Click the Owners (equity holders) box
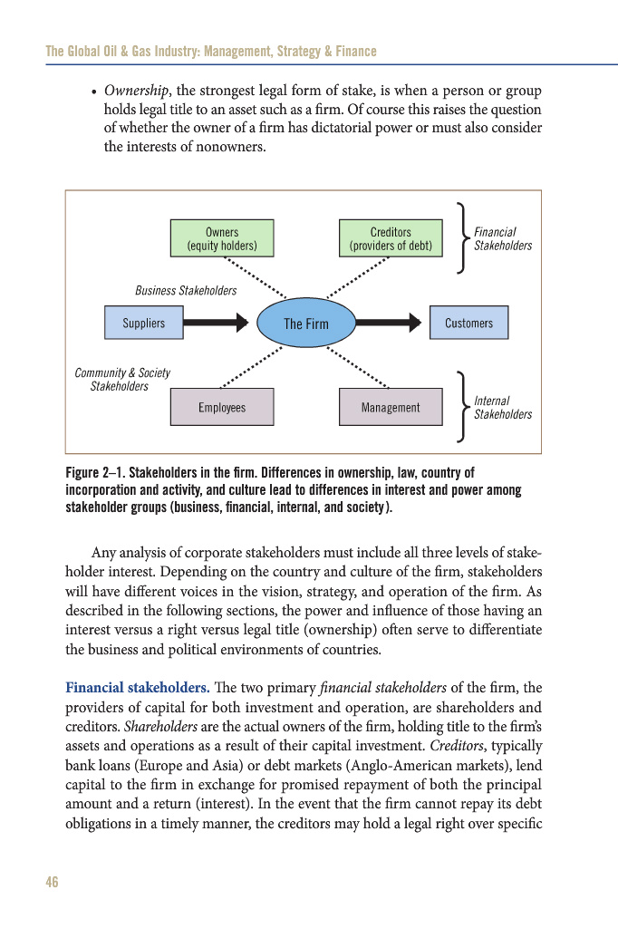(x=222, y=238)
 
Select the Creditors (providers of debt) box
(x=391, y=238)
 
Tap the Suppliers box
(x=144, y=323)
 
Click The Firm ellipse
(x=306, y=324)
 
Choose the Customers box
(x=468, y=323)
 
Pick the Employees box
(x=222, y=407)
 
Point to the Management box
(x=391, y=407)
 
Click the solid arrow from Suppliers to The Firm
(x=216, y=322)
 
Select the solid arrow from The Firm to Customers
(x=389, y=322)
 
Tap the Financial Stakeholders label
(x=503, y=239)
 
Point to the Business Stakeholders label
(x=186, y=291)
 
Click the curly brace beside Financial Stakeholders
(x=463, y=238)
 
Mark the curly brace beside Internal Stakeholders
(x=463, y=407)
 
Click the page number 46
(x=52, y=882)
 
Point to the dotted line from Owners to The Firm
(x=254, y=277)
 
